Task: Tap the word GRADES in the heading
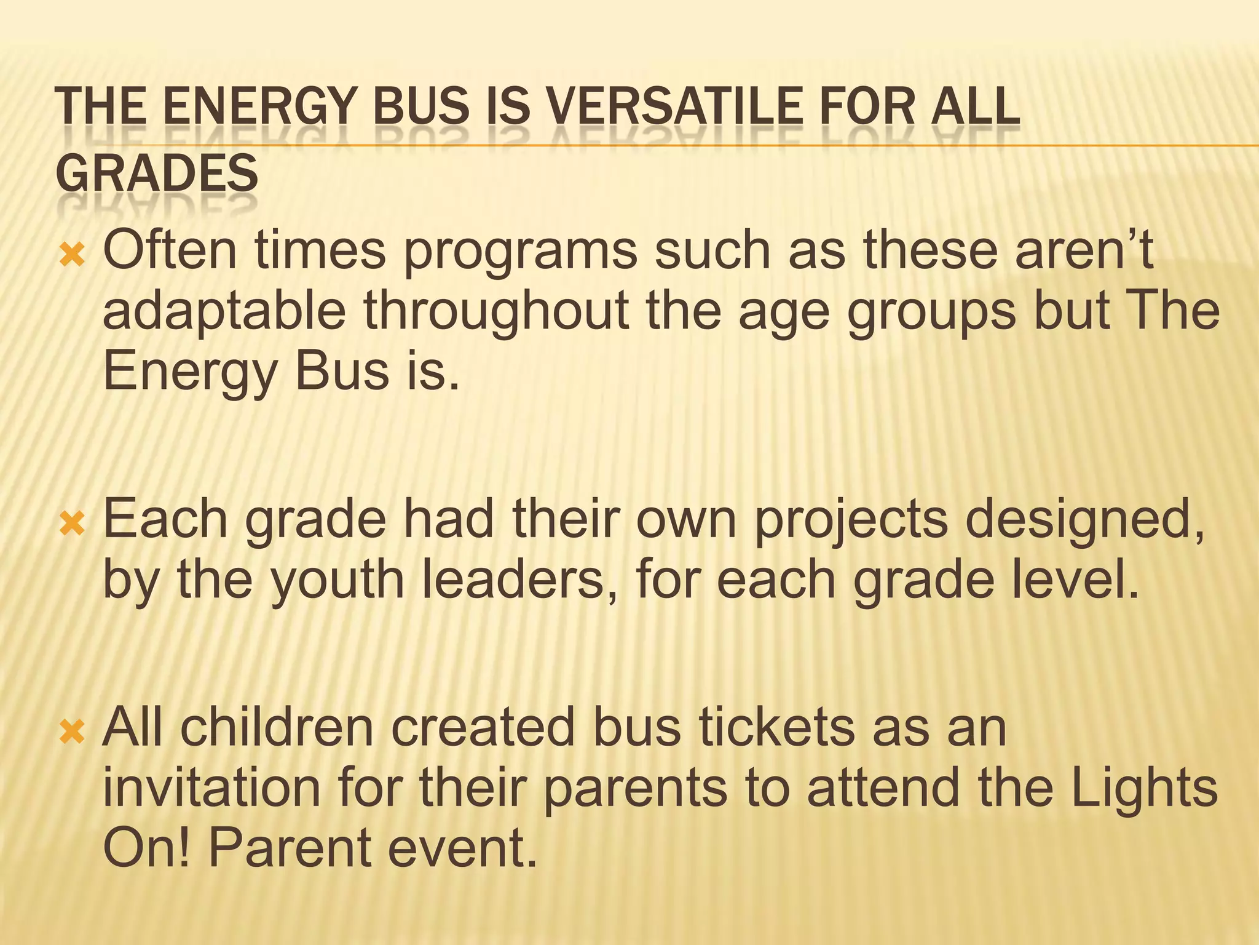pyautogui.click(x=157, y=173)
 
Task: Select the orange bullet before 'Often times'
pyautogui.click(x=72, y=254)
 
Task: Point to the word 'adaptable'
pyautogui.click(x=224, y=311)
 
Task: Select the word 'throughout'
pyautogui.click(x=495, y=311)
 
